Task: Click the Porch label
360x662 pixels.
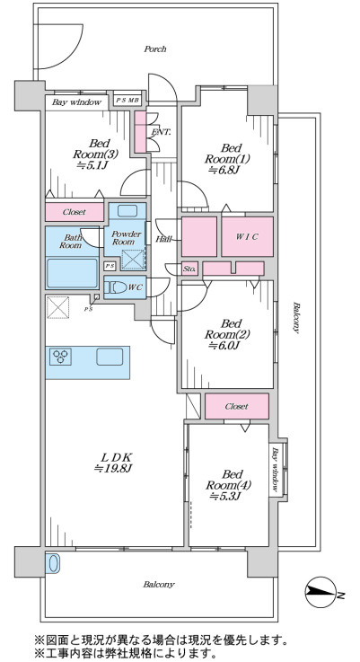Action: [x=155, y=49]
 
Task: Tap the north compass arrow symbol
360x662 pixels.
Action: [x=320, y=592]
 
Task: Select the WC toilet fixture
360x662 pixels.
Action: [x=116, y=288]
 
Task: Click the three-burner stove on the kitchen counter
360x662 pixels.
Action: [x=61, y=357]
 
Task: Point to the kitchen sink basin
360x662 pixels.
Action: [x=110, y=357]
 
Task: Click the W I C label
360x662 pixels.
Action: [x=247, y=237]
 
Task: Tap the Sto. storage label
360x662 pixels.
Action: [x=189, y=269]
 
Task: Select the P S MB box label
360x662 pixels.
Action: [x=127, y=101]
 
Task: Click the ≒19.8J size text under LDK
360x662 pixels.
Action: [x=113, y=468]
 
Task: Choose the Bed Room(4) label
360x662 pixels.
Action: [x=228, y=480]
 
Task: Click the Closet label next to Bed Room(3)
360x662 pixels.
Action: [x=75, y=212]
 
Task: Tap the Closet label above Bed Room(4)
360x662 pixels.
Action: [x=236, y=407]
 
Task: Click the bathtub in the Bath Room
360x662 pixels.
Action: [x=72, y=273]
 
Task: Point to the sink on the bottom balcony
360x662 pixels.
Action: [x=53, y=563]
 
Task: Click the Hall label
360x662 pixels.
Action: [x=163, y=240]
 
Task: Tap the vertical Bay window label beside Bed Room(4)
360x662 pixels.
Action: [x=276, y=470]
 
